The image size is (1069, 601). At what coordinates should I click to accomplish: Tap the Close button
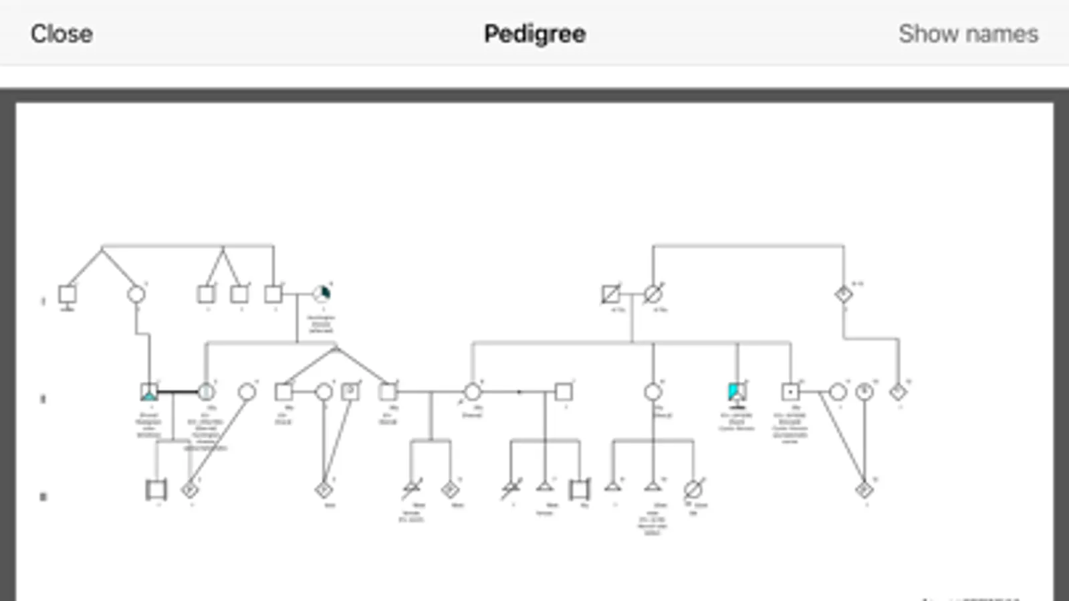[x=62, y=33]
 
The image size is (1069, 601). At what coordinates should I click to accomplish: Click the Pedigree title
[x=534, y=33]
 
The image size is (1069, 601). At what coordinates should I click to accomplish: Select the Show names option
[x=967, y=33]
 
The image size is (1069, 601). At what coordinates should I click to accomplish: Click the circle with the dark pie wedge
[x=322, y=294]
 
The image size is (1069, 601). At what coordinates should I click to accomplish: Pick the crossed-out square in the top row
[x=610, y=294]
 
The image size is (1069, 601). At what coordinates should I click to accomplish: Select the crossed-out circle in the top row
[x=653, y=294]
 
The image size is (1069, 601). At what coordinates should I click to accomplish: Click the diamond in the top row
[x=844, y=294]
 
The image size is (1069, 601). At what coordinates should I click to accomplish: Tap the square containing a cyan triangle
[x=149, y=392]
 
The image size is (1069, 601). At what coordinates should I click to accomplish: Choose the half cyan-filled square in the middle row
[x=737, y=392]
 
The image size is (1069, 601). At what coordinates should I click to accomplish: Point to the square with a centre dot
[x=790, y=392]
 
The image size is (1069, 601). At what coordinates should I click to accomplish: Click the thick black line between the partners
[x=177, y=392]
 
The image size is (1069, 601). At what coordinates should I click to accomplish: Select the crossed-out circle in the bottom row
[x=693, y=489]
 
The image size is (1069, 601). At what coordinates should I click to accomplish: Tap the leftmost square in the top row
[x=67, y=294]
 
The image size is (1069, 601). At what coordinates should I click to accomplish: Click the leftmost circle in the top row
[x=136, y=294]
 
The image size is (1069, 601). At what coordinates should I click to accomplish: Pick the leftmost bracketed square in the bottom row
[x=156, y=489]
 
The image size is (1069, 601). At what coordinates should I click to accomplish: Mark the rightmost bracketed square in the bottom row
[x=580, y=489]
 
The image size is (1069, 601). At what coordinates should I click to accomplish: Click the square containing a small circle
[x=350, y=391]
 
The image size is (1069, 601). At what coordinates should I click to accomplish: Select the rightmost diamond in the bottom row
[x=864, y=489]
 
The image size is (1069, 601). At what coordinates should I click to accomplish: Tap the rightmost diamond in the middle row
[x=899, y=392]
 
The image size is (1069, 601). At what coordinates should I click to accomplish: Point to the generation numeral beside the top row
[x=43, y=301]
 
